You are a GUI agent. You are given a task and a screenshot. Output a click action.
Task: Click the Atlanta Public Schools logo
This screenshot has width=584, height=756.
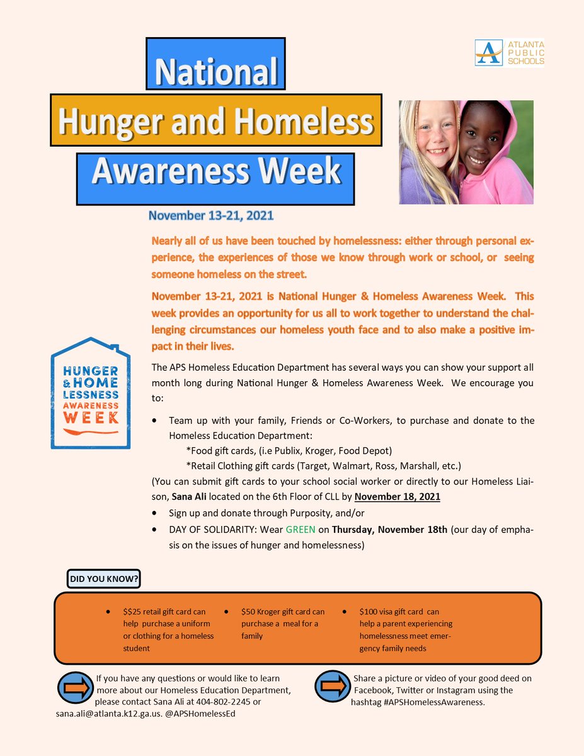tap(509, 52)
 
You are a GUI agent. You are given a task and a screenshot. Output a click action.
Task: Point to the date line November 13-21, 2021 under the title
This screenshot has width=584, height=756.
tap(211, 216)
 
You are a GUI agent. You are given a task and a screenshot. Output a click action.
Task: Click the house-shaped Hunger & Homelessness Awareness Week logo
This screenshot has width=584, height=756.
tap(90, 394)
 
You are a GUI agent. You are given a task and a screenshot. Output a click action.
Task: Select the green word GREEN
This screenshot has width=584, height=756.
tap(301, 529)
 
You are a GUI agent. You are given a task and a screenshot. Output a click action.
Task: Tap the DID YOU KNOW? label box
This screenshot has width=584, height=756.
tap(103, 578)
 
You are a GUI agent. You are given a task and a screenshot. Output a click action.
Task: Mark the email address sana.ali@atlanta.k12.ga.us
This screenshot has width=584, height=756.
tap(111, 714)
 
